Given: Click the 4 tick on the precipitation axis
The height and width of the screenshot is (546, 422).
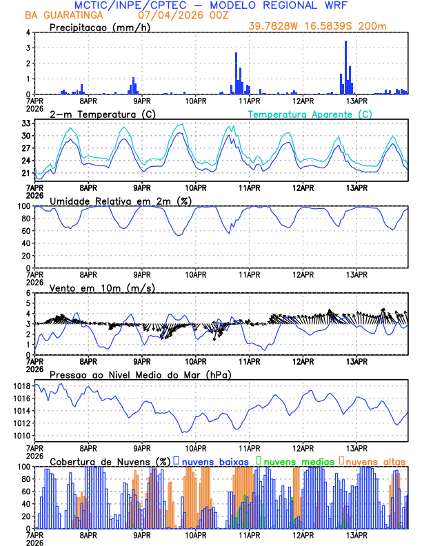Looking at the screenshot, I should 28,32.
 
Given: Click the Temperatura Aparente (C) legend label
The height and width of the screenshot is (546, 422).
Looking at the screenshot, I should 310,114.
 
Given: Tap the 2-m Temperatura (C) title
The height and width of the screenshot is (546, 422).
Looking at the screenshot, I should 103,114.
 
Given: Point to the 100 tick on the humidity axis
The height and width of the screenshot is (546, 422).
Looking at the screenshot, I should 23,206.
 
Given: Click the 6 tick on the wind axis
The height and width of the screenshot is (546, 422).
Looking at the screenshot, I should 28,293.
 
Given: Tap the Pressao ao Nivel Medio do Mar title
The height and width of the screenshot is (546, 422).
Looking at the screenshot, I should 140,374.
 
